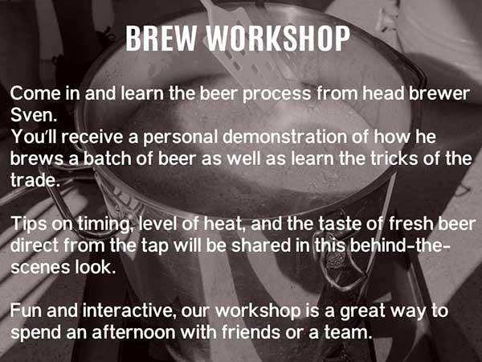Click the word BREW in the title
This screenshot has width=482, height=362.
(161, 38)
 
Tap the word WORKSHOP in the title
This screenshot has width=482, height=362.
(278, 38)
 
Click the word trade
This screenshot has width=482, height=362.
(35, 180)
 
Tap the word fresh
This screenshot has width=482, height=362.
(411, 224)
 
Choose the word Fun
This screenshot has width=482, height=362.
(27, 311)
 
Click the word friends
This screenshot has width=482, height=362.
(251, 333)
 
